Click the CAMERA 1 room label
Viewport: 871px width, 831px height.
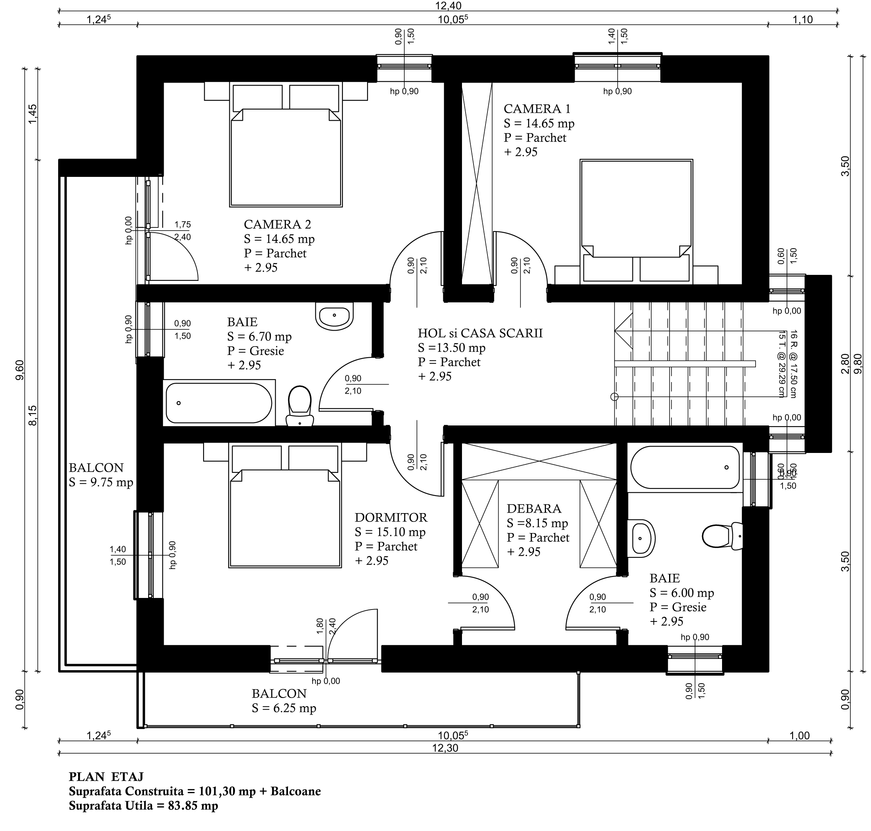point(537,108)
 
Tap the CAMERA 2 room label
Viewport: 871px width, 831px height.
point(278,224)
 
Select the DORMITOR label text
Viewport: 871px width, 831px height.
point(391,517)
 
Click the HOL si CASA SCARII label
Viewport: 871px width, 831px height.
point(480,333)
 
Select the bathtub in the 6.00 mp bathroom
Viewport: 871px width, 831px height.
point(685,467)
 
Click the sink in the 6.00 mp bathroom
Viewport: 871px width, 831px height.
point(641,538)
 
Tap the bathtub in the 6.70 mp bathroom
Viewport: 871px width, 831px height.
point(219,403)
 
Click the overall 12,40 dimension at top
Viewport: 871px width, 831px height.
point(448,6)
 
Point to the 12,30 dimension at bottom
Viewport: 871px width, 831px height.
point(446,748)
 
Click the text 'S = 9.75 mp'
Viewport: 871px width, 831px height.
point(101,482)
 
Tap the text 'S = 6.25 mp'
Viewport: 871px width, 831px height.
point(284,708)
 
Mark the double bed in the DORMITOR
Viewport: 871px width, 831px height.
point(285,506)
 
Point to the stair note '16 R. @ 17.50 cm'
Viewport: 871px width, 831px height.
point(793,364)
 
